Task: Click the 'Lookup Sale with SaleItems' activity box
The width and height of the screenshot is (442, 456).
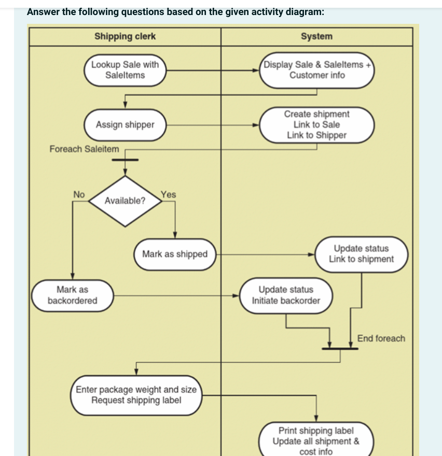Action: pyautogui.click(x=125, y=70)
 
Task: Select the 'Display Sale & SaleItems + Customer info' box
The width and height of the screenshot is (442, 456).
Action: pyautogui.click(x=316, y=70)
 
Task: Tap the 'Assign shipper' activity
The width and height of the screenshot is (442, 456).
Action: pyautogui.click(x=125, y=125)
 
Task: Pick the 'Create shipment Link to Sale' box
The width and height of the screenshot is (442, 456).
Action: pyautogui.click(x=316, y=125)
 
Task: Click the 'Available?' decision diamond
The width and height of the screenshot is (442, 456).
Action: pyautogui.click(x=125, y=201)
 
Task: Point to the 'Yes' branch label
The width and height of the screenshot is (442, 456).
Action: pyautogui.click(x=168, y=195)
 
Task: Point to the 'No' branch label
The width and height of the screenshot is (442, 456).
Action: pyautogui.click(x=78, y=194)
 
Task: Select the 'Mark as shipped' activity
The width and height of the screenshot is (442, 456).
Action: pyautogui.click(x=175, y=254)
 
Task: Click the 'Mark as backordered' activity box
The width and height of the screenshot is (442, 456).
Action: pyautogui.click(x=73, y=295)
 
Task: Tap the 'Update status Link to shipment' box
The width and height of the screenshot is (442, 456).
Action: pyautogui.click(x=361, y=254)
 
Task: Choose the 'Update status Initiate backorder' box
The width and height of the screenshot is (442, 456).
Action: pyautogui.click(x=286, y=295)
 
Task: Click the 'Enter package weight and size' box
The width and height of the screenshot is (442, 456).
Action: pyautogui.click(x=136, y=395)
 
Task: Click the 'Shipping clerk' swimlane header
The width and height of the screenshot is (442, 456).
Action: pyautogui.click(x=125, y=36)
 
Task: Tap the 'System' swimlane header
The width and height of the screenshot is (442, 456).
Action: pyautogui.click(x=316, y=36)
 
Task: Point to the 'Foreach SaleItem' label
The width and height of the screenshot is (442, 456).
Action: pyautogui.click(x=84, y=149)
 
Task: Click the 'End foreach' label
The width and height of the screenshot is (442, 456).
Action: pyautogui.click(x=381, y=338)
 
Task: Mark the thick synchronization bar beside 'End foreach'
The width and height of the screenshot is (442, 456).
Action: pyautogui.click(x=340, y=349)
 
